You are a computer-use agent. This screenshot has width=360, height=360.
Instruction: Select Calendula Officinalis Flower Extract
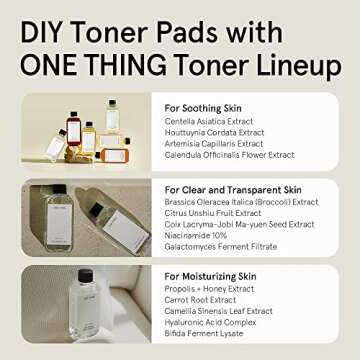(x=230, y=154)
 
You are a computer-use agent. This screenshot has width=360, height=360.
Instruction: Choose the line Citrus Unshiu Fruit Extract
(x=214, y=213)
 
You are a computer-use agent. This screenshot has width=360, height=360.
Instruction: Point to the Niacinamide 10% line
(x=196, y=236)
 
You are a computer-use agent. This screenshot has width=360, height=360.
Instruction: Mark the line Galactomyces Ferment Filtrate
(x=220, y=247)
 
